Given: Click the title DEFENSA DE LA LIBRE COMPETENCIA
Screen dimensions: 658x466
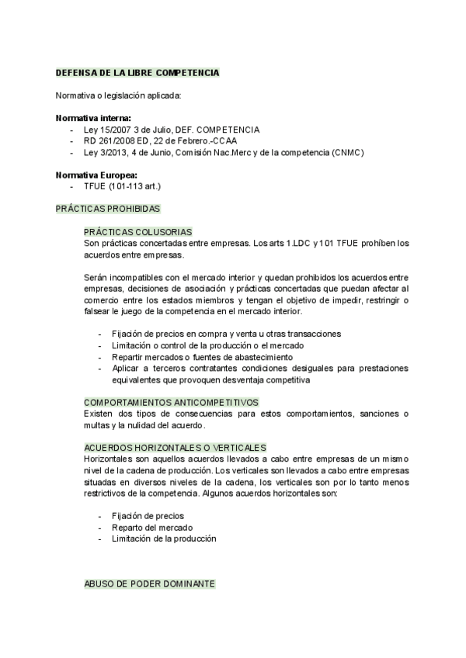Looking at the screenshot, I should click(x=137, y=72).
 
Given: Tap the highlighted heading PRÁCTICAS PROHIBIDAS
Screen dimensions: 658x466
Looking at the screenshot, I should click(x=107, y=210).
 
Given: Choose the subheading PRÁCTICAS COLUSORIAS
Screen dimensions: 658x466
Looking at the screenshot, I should click(x=137, y=232).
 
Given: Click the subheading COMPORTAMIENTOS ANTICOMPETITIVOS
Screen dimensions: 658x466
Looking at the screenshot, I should click(x=171, y=402).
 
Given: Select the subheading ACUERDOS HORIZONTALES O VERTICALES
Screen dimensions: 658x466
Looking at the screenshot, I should click(x=175, y=448).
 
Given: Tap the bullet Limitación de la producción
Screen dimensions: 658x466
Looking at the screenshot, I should click(x=163, y=538).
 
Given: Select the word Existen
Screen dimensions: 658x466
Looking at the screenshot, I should click(x=99, y=414).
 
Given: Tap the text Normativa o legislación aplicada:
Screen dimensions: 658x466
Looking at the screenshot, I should click(x=117, y=95).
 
